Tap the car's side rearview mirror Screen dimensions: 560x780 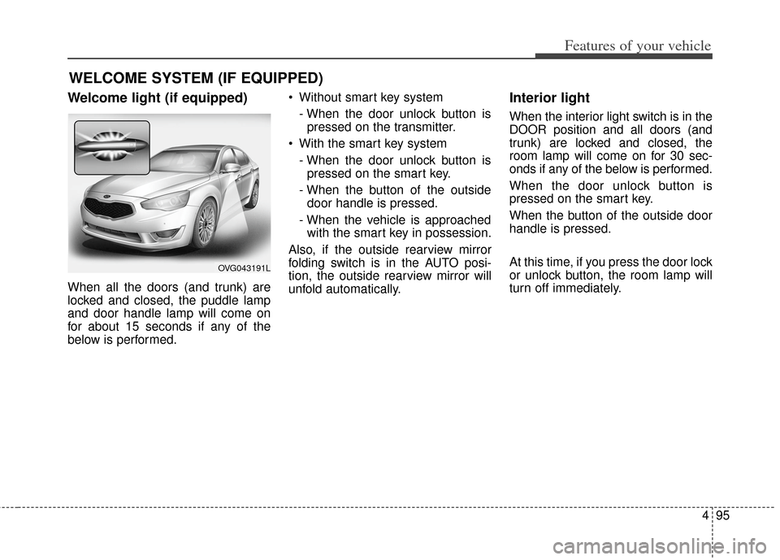coord(232,167)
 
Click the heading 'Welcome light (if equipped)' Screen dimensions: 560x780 coord(158,98)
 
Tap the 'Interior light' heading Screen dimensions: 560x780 coord(549,98)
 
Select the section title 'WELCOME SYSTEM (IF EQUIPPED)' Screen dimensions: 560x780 coord(196,78)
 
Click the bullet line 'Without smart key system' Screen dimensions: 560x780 coord(370,98)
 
